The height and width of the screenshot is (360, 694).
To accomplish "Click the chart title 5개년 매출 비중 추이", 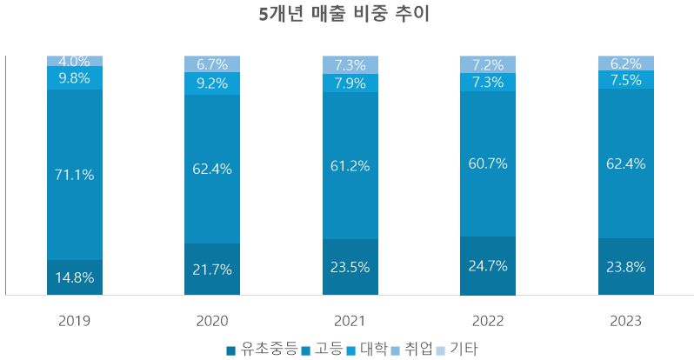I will pos(345,15).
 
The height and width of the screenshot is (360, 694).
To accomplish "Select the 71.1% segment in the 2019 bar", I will pos(75,174).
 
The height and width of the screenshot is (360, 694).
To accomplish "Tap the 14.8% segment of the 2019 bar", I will pos(75,278).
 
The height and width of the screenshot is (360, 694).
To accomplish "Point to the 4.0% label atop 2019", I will pos(75,62).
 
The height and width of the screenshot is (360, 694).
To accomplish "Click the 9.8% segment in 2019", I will pos(75,78).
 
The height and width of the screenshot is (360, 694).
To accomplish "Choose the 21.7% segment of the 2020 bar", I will pos(212,270).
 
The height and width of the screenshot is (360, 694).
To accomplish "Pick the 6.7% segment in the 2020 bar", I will pos(212,64).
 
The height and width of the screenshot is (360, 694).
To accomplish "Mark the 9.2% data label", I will pos(212,84).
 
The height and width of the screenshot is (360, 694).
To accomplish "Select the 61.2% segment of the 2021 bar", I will pos(350,166).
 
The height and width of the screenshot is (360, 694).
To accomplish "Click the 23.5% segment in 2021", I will pos(350,267).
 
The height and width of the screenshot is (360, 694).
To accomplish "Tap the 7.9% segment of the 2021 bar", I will pos(350,83).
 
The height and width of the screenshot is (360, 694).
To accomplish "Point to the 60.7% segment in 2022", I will pos(487,163).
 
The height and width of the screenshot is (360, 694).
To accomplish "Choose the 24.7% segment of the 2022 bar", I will pos(487,266).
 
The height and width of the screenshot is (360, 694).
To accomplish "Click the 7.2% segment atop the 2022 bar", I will pos(487,65).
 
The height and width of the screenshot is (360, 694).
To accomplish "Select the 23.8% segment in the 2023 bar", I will pos(625,267).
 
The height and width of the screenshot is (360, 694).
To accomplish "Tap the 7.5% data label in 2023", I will pos(625,80).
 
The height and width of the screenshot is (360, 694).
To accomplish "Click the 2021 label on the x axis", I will pos(350,321).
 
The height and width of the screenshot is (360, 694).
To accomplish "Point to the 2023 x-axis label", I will pos(625,321).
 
